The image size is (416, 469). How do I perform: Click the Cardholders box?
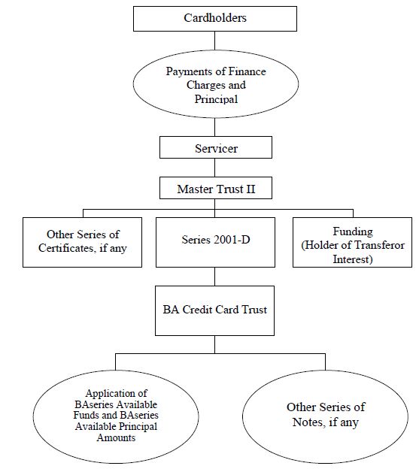(x=215, y=19)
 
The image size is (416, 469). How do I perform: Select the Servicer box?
(x=216, y=147)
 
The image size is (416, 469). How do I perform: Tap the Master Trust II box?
(x=216, y=188)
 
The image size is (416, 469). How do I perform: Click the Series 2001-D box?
(x=215, y=242)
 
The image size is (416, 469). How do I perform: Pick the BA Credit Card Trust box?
(x=214, y=310)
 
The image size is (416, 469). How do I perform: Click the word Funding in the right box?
(x=353, y=231)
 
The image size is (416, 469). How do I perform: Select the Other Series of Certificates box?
(x=82, y=242)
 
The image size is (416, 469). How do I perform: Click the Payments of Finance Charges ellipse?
(x=216, y=84)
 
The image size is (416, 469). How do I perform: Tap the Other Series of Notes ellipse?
(x=325, y=416)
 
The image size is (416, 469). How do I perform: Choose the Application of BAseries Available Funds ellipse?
(x=116, y=416)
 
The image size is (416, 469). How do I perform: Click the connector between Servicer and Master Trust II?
(x=215, y=168)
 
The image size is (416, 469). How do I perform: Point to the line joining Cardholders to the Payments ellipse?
(x=215, y=41)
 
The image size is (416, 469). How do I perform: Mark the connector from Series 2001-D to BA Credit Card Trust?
(x=215, y=277)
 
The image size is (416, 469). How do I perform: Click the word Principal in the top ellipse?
(x=216, y=99)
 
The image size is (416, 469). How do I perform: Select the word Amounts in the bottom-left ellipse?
(x=116, y=437)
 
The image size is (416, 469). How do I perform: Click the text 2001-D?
(x=232, y=240)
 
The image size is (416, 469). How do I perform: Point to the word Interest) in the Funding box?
(x=353, y=259)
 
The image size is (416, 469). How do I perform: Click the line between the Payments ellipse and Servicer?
(x=215, y=128)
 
